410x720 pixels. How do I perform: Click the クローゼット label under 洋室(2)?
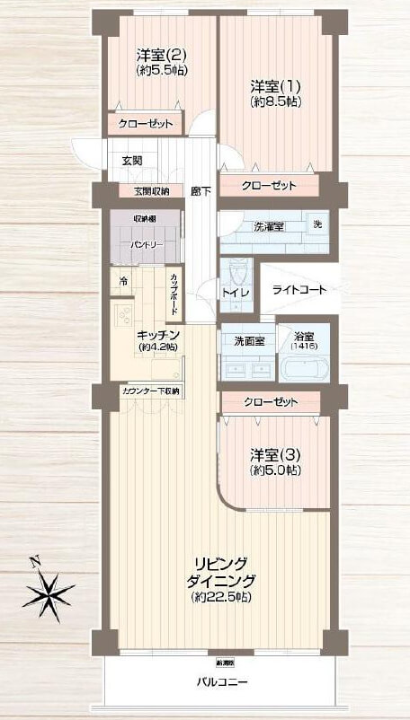point(145,124)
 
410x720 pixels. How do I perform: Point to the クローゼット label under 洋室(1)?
point(269,186)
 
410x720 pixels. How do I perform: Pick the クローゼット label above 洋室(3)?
point(271,402)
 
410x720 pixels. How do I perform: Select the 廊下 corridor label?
point(201,191)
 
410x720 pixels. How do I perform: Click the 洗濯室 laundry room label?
point(269,224)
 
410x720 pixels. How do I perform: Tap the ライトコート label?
point(299,289)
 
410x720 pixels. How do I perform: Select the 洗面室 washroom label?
point(248,340)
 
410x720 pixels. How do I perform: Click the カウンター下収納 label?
point(150,391)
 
